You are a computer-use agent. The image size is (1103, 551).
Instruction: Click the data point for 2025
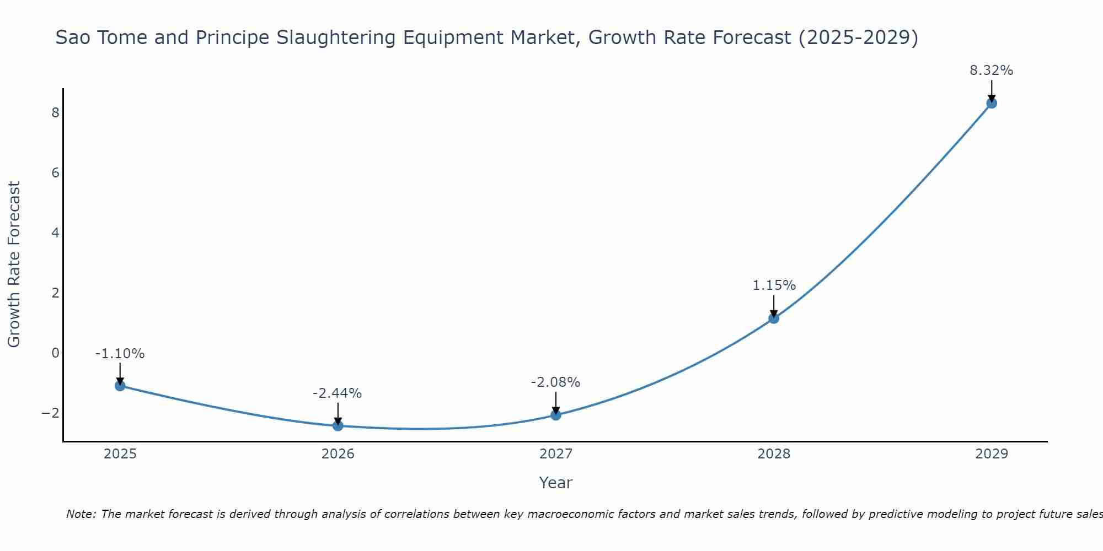point(120,386)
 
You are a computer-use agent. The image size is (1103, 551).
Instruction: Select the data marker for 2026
point(338,426)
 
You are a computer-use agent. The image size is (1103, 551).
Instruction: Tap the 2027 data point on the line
point(556,415)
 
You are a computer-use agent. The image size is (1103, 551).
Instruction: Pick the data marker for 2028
point(774,318)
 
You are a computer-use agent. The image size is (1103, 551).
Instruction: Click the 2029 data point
point(992,103)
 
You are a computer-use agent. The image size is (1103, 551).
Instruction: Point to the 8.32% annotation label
point(991,71)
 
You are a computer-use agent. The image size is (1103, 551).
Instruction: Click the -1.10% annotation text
point(120,354)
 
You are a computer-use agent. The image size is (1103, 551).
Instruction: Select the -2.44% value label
point(337,393)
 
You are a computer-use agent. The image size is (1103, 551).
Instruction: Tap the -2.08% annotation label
point(555,382)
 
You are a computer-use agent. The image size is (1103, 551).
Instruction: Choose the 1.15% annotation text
point(774,285)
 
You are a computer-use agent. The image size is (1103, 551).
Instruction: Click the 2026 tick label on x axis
point(338,454)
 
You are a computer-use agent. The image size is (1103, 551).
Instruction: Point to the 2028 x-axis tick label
point(774,454)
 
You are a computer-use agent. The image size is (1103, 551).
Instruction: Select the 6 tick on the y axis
point(55,173)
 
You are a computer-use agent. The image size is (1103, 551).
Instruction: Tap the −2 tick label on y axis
point(50,413)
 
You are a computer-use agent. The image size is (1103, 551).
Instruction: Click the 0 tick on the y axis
point(55,353)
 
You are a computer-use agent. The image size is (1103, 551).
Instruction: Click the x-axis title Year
point(555,483)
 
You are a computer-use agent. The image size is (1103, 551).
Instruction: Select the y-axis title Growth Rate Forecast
point(14,264)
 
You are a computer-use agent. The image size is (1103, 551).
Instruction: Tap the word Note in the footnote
point(81,514)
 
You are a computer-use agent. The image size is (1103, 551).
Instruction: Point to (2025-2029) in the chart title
point(858,37)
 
